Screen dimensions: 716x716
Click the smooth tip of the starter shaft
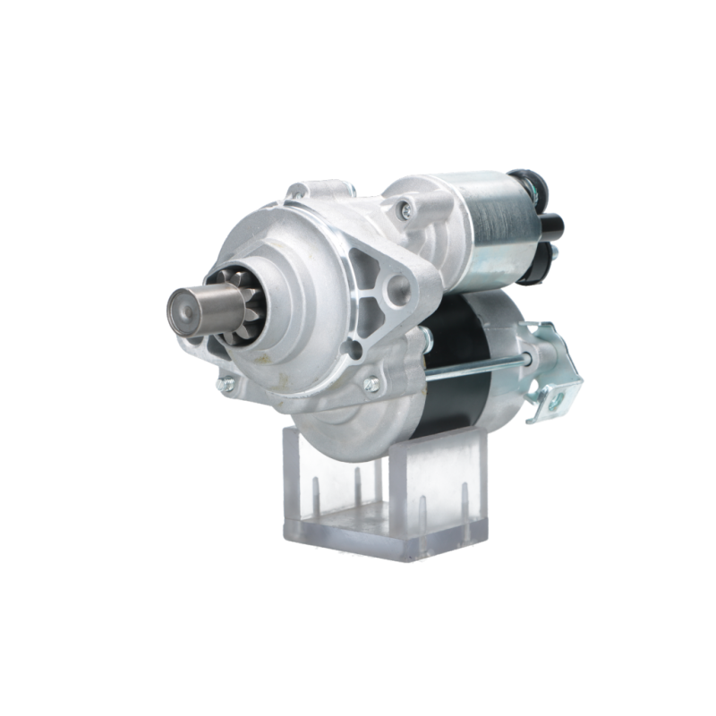tap(184, 310)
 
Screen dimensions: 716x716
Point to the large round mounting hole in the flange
tap(399, 286)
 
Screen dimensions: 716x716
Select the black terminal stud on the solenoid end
tap(553, 223)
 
